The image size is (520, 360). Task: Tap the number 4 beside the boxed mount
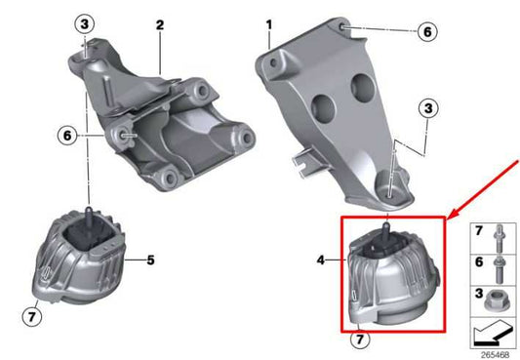(x=320, y=260)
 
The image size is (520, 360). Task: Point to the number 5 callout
(x=151, y=260)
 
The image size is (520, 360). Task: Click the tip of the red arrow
(x=446, y=215)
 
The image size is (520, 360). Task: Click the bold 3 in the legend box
(x=478, y=292)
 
